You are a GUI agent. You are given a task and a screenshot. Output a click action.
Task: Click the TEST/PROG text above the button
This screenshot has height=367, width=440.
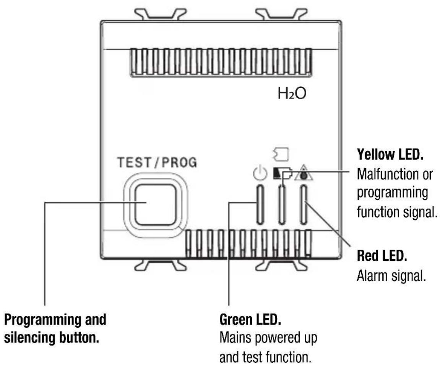coord(157,163)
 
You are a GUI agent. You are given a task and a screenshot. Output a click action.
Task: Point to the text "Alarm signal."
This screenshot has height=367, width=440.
coord(391,276)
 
